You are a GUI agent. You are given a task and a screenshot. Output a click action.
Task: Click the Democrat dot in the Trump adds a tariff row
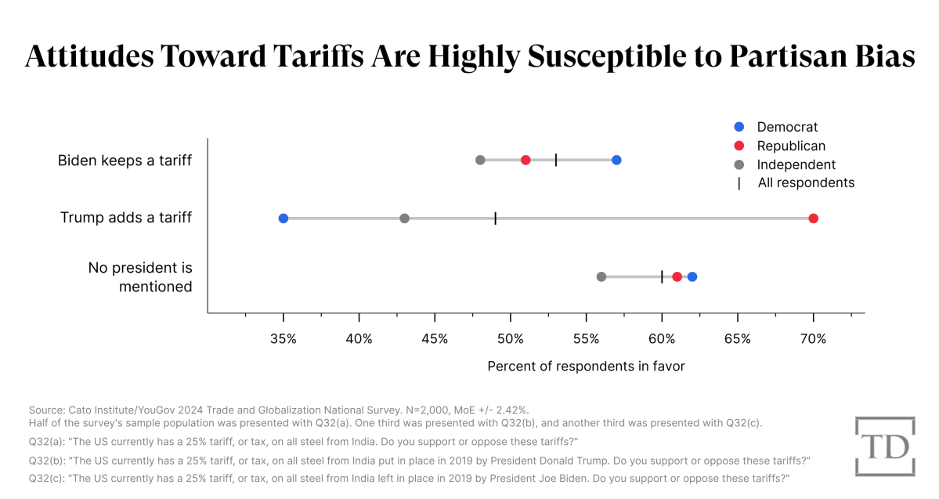tap(284, 218)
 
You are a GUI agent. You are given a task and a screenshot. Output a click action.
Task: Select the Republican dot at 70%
tap(813, 218)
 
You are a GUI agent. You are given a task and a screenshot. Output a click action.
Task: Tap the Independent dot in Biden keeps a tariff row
tap(480, 160)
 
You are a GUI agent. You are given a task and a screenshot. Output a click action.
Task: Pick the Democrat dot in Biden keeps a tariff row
tap(616, 160)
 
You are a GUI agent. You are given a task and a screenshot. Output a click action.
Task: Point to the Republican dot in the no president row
tap(677, 277)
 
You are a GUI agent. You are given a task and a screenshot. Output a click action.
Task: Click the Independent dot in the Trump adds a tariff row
tap(404, 218)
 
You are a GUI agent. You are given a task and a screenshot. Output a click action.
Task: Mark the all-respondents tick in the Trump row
tap(496, 218)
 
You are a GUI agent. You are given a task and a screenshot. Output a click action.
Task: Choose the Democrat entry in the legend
tap(786, 127)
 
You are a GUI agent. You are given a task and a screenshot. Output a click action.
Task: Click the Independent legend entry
tap(796, 165)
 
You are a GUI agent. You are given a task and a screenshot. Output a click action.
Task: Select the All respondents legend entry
tap(805, 183)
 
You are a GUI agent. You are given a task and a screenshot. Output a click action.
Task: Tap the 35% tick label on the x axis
tap(284, 338)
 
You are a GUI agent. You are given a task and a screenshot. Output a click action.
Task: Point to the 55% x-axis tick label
tap(586, 338)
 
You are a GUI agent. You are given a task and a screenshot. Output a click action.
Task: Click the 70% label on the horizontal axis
tap(813, 338)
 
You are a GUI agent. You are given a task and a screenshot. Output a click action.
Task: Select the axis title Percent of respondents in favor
tap(586, 366)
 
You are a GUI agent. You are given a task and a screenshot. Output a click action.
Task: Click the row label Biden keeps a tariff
tap(125, 161)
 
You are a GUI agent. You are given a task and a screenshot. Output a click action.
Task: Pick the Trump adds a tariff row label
tap(126, 218)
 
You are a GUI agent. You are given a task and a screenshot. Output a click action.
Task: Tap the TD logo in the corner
tap(884, 446)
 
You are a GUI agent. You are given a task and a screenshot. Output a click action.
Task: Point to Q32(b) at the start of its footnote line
tap(46, 460)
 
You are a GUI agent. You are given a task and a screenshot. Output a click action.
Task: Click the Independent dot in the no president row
tap(601, 277)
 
